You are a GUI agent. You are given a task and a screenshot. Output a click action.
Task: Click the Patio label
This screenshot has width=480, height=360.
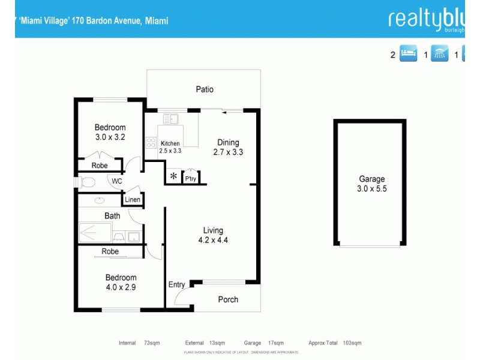click(205, 89)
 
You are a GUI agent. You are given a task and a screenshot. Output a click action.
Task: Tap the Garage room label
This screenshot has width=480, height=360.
click(372, 179)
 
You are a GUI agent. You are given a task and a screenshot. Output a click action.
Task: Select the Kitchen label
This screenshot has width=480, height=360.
click(170, 143)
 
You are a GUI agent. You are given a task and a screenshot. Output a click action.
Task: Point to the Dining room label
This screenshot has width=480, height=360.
click(228, 142)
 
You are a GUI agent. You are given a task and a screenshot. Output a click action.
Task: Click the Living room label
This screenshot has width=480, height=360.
click(213, 230)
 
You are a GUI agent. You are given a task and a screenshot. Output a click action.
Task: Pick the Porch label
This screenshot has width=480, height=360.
click(228, 299)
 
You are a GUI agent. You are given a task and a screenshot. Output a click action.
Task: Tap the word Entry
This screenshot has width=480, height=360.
click(176, 284)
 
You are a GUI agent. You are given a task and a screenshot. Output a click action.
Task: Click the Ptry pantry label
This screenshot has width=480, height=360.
click(191, 178)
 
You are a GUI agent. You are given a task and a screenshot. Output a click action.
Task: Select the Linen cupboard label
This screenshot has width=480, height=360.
click(133, 199)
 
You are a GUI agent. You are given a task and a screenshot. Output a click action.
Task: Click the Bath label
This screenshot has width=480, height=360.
click(112, 216)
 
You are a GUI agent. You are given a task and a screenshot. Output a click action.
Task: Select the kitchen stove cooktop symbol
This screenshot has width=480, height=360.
click(151, 143)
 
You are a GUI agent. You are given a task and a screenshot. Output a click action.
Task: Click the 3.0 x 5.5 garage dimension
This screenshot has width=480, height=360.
click(372, 189)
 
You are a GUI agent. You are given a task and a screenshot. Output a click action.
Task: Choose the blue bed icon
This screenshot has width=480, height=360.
click(409, 55)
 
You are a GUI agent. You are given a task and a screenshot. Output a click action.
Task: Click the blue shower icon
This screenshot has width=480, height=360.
click(440, 55)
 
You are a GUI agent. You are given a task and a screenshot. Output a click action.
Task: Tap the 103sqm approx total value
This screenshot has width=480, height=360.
click(352, 343)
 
